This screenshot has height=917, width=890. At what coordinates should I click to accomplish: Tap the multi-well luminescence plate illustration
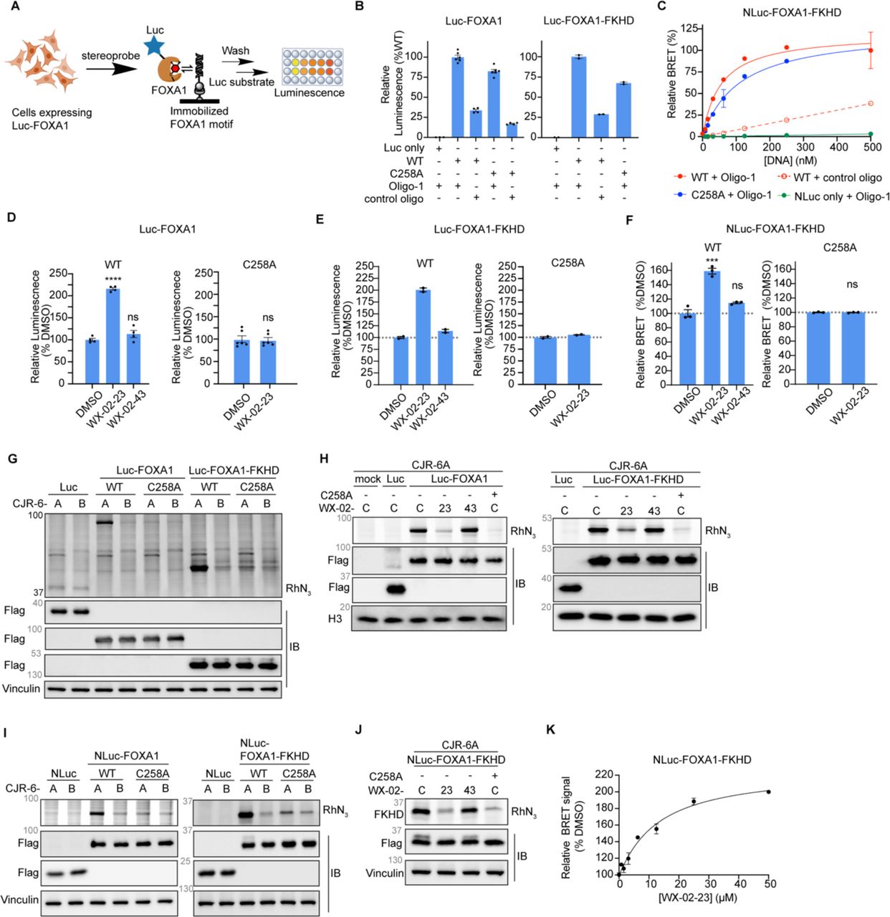click(x=312, y=67)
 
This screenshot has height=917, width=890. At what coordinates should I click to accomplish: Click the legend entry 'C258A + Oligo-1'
click(x=724, y=195)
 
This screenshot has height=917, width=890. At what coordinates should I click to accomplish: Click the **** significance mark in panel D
click(x=113, y=279)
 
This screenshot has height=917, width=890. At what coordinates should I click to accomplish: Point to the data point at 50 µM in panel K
click(x=768, y=792)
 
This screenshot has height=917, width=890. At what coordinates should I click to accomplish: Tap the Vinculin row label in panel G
click(x=21, y=688)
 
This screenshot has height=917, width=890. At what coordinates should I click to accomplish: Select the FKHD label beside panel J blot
click(x=388, y=813)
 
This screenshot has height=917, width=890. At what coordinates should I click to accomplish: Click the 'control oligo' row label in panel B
click(x=394, y=199)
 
